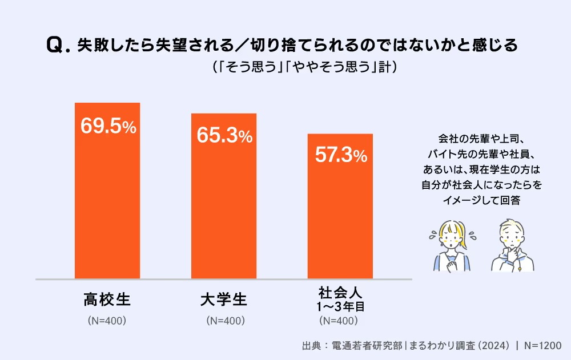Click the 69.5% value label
point(108,126)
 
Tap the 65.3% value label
point(224,135)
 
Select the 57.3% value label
point(340,156)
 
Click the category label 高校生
point(107,298)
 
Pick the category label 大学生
point(224,298)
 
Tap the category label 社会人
point(340,294)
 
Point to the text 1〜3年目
point(340,307)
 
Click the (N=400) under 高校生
point(107,321)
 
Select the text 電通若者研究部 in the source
point(368,346)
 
